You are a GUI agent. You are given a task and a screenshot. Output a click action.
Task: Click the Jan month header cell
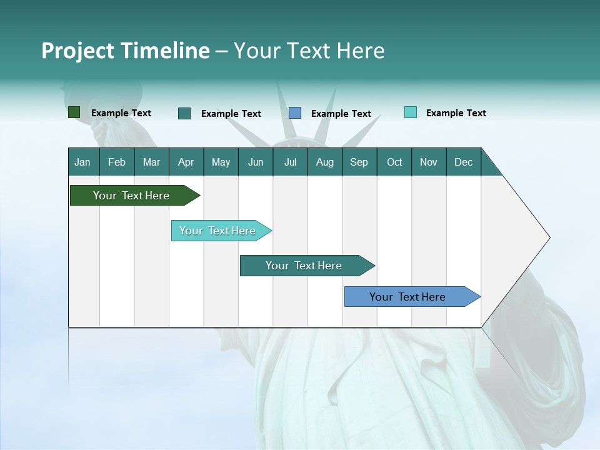click(x=83, y=162)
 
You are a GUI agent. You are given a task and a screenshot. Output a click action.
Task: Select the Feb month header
click(x=117, y=162)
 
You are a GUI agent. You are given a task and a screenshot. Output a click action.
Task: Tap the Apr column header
click(x=186, y=162)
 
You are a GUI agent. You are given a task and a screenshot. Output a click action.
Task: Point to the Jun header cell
click(x=256, y=162)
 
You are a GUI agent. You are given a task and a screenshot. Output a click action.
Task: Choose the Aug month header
click(x=325, y=162)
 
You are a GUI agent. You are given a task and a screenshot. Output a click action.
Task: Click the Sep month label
click(x=359, y=162)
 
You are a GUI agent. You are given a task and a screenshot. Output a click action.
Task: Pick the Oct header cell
click(x=394, y=162)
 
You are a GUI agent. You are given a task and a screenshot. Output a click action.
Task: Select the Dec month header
click(x=464, y=162)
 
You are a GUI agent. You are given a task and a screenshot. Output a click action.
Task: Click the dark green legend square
click(x=74, y=112)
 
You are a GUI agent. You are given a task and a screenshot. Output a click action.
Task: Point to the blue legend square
click(x=295, y=113)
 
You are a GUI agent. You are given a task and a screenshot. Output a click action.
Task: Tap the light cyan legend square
click(x=411, y=112)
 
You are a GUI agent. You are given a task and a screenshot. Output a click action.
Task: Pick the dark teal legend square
click(x=184, y=113)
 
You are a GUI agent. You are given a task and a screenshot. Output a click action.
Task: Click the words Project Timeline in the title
click(x=126, y=51)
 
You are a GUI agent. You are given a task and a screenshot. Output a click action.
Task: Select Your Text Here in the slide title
click(x=309, y=51)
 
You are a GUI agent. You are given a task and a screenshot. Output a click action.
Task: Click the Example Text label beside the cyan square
click(x=456, y=113)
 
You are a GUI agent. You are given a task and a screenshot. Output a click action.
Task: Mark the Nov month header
click(x=429, y=162)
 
